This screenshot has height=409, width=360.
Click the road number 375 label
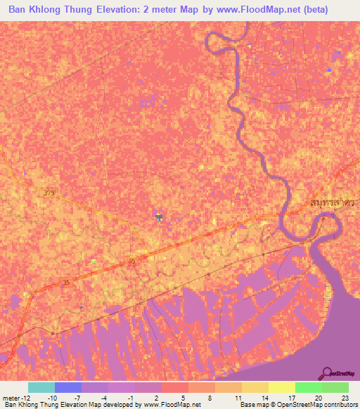(48, 193)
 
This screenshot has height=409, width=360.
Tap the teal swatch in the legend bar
(41, 387)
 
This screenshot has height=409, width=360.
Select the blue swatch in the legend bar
(68, 387)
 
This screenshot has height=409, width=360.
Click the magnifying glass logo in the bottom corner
(329, 373)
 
